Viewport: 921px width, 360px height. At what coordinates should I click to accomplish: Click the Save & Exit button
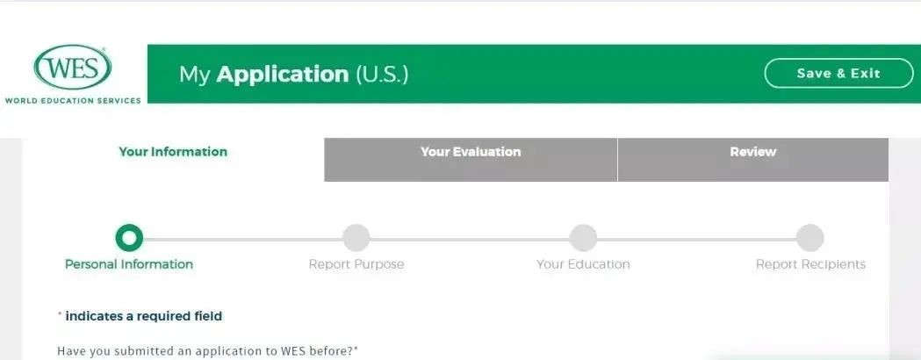tap(838, 74)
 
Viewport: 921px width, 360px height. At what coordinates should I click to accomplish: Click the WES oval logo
tap(72, 67)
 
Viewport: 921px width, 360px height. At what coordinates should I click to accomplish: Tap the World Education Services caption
tap(73, 100)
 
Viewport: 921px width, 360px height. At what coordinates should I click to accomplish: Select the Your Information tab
tap(173, 152)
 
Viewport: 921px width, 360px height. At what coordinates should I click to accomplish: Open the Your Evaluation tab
tap(471, 160)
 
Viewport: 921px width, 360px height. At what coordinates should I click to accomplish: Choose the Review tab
tap(753, 160)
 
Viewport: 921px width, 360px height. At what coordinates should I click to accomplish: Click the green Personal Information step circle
tap(129, 238)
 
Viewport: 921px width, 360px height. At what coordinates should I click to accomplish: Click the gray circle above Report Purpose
tap(356, 238)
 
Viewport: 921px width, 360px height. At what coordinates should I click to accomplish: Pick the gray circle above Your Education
tap(583, 238)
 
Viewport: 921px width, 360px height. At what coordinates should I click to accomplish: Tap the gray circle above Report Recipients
tap(810, 238)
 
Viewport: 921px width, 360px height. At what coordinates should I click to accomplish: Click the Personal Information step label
tap(129, 264)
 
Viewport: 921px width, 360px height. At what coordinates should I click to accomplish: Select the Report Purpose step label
tap(356, 264)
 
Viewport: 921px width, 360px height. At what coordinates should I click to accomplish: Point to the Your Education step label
tap(583, 264)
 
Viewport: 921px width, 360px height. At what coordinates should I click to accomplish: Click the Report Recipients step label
tap(810, 264)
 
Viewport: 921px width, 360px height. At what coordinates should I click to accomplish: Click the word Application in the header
tap(283, 75)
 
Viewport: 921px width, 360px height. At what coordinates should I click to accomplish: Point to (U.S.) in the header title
tap(381, 74)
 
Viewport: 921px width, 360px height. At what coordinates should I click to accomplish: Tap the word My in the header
tap(194, 76)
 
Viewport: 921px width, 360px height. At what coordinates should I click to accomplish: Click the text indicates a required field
tap(143, 316)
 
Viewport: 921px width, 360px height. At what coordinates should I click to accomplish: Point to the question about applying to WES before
tap(207, 352)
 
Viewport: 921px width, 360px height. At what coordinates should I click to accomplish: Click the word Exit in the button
tap(866, 74)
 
